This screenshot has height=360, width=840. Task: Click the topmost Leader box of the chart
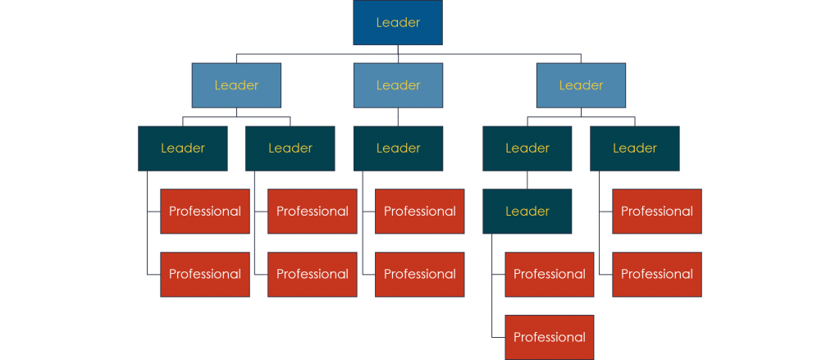pos(398,23)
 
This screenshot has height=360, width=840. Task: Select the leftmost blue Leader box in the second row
pos(236,85)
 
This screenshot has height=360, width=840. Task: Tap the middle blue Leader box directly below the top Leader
pos(398,85)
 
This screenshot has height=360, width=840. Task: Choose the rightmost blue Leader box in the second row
pos(581,85)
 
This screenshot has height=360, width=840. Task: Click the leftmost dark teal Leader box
pos(183,148)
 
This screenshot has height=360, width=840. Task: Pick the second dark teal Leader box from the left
pos(290,148)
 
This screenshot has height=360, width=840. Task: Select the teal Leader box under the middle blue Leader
pos(398,148)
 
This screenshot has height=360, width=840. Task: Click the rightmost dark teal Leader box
pos(634,148)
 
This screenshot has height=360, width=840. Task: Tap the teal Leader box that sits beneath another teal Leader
pos(527,212)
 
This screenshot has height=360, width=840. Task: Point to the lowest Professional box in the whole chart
pos(549,337)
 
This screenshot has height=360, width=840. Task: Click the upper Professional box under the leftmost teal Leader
pos(205,212)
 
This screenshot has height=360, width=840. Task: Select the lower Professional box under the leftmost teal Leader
pos(205,274)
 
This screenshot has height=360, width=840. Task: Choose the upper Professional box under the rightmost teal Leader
pos(656,212)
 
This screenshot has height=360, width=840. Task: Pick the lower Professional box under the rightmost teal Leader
pos(656,274)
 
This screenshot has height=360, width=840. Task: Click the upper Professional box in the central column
pos(420,212)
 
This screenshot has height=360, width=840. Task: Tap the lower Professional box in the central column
pos(420,274)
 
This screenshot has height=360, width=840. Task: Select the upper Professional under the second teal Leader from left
pos(313,212)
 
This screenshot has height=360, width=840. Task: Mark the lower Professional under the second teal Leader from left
pos(313,274)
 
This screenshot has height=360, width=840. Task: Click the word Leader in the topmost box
pos(398,23)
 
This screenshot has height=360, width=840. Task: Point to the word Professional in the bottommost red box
pos(549,337)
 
